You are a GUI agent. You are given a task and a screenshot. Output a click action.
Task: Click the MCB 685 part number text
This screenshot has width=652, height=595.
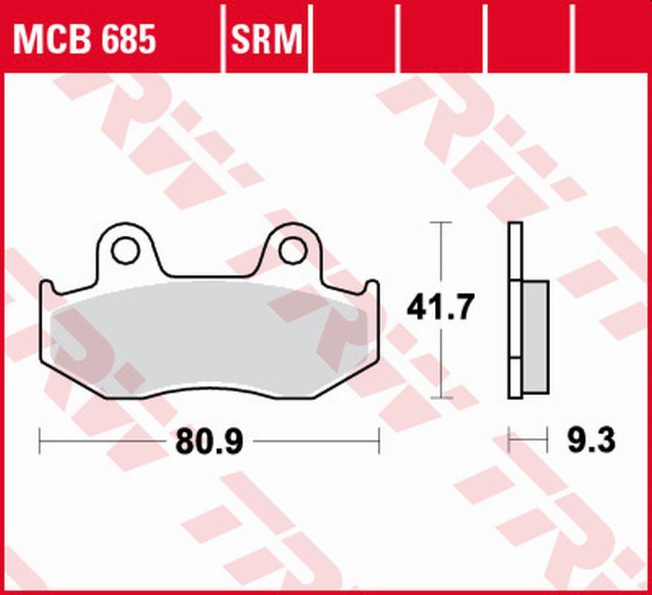pyautogui.click(x=85, y=39)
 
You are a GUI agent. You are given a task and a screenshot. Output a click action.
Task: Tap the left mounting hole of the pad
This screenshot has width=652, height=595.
pyautogui.click(x=126, y=251)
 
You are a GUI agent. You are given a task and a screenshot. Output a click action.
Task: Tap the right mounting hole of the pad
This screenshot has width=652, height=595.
pyautogui.click(x=291, y=251)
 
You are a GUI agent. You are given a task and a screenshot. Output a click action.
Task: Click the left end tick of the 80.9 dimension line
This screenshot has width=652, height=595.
pyautogui.click(x=39, y=440)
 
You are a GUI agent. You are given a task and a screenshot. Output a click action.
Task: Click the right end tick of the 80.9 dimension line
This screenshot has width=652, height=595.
pyautogui.click(x=379, y=440)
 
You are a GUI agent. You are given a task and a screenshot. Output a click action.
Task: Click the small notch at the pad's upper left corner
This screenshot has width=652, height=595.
pyautogui.click(x=46, y=286)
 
